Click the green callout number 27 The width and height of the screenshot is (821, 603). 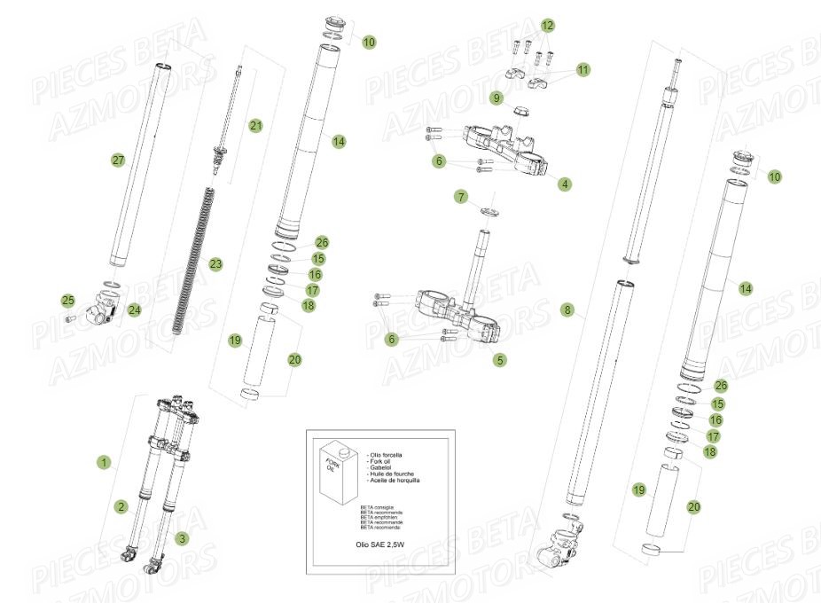[x=118, y=160]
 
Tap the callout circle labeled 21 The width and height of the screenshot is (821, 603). [x=256, y=126]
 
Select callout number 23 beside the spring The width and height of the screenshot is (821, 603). [x=215, y=263]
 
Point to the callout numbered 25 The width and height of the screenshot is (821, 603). [x=68, y=300]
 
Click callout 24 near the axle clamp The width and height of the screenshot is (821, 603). [x=134, y=310]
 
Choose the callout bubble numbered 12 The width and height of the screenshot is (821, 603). [x=547, y=25]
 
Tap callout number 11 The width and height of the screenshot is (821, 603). [x=583, y=69]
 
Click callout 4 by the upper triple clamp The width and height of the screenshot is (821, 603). [x=565, y=184]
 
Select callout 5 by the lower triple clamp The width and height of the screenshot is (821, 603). [x=500, y=360]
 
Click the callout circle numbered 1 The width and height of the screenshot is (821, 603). [x=104, y=462]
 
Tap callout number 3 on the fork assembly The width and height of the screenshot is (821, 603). [x=182, y=537]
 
